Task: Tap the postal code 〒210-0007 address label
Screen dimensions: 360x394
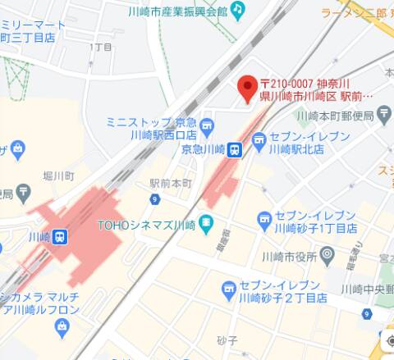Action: [317, 89]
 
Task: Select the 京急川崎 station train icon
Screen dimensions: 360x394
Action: [235, 149]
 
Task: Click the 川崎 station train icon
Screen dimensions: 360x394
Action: [61, 236]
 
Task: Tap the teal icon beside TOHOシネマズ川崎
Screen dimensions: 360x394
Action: [206, 223]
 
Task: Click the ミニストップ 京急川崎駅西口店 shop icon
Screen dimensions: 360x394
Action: [206, 127]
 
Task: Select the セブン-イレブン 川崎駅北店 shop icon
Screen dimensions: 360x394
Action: [260, 143]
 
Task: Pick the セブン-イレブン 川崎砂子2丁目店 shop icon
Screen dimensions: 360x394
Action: [229, 289]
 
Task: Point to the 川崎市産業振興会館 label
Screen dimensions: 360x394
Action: [177, 11]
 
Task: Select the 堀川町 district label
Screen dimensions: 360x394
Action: [59, 175]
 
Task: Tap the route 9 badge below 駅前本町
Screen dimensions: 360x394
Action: [155, 199]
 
